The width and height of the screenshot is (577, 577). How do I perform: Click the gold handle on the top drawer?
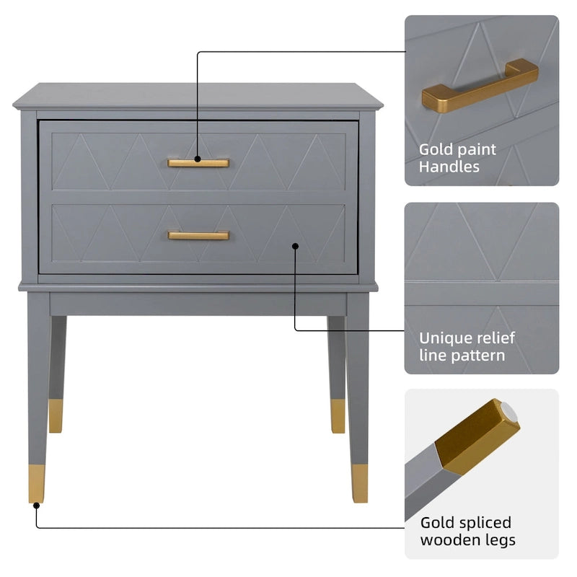[x=198, y=163]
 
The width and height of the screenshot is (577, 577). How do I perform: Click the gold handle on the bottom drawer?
[x=198, y=235]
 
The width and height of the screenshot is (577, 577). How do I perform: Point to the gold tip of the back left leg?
[x=56, y=416]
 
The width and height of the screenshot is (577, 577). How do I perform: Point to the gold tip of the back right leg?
[x=338, y=416]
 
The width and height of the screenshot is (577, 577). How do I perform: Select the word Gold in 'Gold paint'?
[x=436, y=150]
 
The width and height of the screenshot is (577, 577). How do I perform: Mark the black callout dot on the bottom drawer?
[x=295, y=246]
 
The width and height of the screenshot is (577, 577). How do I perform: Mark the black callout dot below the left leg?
[x=36, y=506]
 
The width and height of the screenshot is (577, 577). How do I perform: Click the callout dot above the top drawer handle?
[x=198, y=158]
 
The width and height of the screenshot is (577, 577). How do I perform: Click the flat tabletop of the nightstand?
[x=198, y=94]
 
